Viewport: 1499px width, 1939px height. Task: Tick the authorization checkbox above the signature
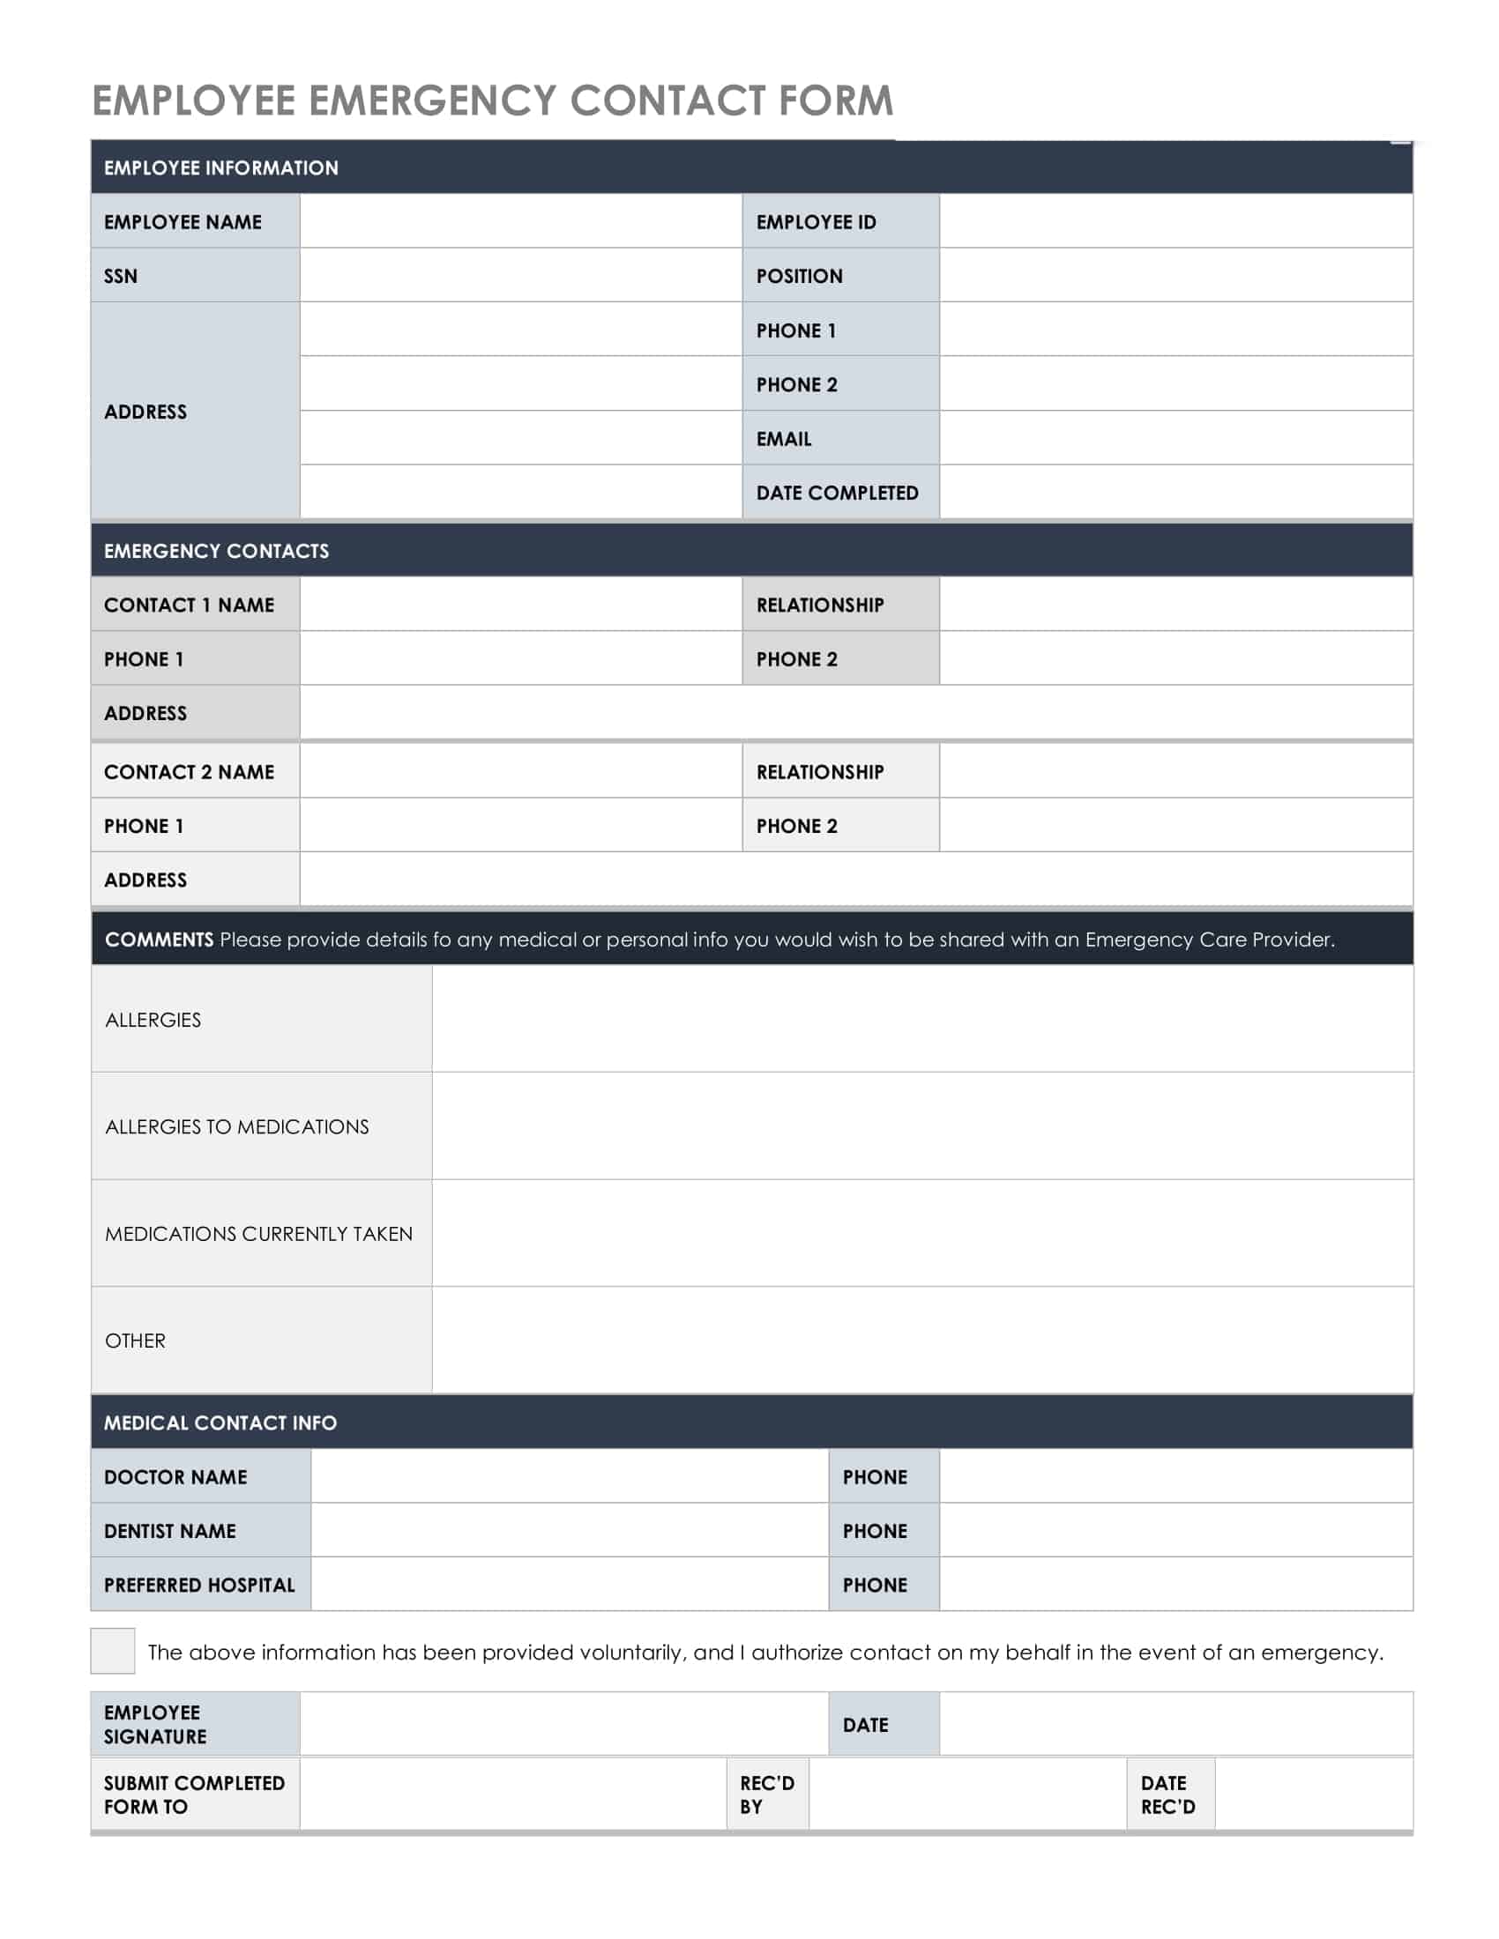[x=112, y=1651]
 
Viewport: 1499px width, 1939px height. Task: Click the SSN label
[x=121, y=276]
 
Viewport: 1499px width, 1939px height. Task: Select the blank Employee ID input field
[x=1175, y=221]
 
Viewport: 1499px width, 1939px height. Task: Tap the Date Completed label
[x=837, y=493]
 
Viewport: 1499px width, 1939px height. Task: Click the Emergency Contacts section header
[x=216, y=551]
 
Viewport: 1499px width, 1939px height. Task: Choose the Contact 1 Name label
[x=189, y=605]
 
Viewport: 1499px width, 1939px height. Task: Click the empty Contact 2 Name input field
[x=520, y=770]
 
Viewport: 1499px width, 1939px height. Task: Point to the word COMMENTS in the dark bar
[x=159, y=940]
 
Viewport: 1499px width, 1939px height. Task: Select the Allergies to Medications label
[x=236, y=1126]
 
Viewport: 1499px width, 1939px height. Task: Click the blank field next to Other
[x=921, y=1340]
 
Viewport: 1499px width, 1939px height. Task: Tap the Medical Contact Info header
[x=220, y=1423]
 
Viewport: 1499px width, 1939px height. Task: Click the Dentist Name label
[x=169, y=1531]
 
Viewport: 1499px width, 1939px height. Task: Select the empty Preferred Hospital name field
[x=569, y=1584]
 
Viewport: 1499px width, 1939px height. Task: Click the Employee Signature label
[x=154, y=1724]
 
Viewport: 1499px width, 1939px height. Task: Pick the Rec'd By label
[x=766, y=1794]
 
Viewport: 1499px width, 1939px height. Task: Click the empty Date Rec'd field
[x=1313, y=1794]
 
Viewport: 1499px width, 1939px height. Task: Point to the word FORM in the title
[x=835, y=100]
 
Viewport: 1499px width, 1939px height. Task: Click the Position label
[x=799, y=276]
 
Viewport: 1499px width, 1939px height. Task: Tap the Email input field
[x=1175, y=438]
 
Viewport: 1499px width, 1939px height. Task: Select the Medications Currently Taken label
[x=258, y=1233]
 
